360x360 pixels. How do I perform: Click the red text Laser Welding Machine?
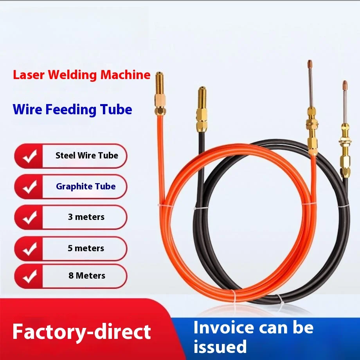(81, 75)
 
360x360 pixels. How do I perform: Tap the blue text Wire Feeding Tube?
(72, 109)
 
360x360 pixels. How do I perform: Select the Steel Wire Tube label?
(86, 155)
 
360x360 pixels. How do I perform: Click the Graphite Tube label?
(86, 186)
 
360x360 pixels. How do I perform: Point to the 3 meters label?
(86, 217)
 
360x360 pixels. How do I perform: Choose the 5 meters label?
(86, 248)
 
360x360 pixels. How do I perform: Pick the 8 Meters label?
(86, 275)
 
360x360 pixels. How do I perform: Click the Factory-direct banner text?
(81, 332)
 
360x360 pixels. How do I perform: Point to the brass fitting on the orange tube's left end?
(159, 94)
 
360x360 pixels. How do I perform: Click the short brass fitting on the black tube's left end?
(202, 110)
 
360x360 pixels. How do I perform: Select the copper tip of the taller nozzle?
(310, 63)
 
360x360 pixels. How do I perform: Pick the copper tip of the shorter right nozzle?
(345, 84)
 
